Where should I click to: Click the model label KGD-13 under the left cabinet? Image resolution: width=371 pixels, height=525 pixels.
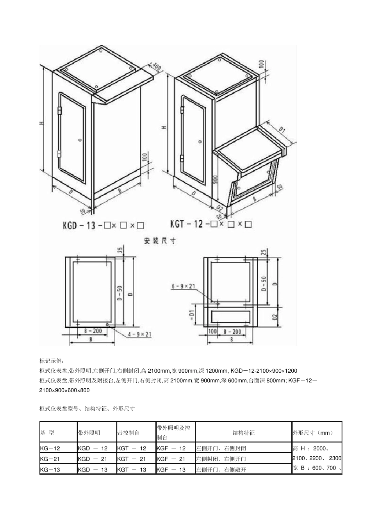[79, 225]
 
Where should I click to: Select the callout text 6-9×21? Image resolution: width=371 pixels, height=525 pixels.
[183, 286]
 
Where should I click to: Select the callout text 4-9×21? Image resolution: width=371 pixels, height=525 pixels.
[140, 334]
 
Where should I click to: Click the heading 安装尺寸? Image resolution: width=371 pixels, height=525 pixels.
[160, 241]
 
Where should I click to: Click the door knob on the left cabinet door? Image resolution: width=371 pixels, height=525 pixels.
[80, 139]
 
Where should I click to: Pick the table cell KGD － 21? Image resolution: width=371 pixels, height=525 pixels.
[93, 459]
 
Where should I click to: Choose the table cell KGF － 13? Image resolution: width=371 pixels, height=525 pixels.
[171, 470]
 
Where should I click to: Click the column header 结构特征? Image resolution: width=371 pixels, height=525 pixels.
[243, 433]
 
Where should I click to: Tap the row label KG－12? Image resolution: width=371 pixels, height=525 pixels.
[50, 448]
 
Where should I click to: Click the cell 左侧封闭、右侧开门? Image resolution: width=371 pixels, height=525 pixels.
[221, 459]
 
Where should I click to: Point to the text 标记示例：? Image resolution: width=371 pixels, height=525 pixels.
[54, 361]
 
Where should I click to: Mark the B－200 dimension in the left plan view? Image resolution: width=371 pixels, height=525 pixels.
[93, 331]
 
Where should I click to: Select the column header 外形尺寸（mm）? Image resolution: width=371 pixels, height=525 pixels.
[313, 433]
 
